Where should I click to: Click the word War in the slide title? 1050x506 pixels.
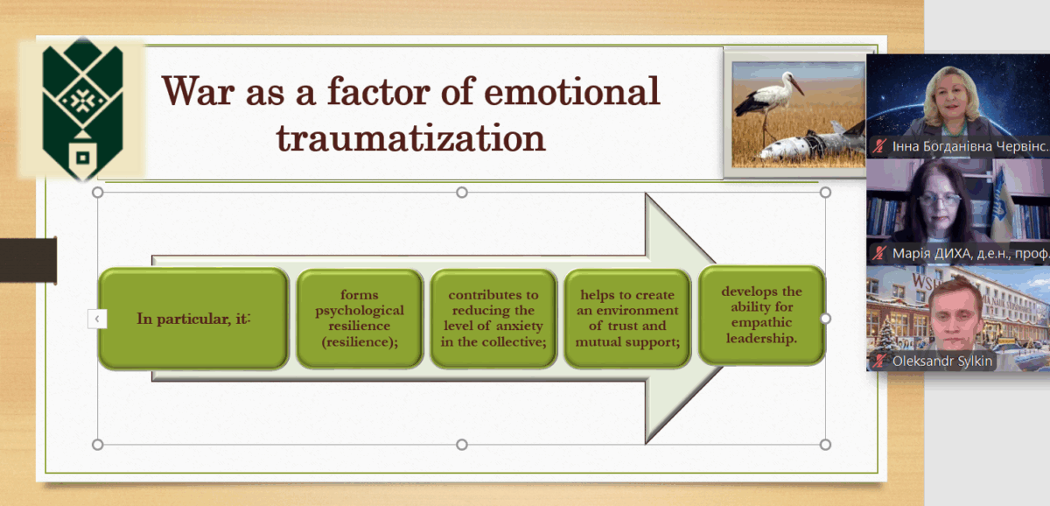pos(199,91)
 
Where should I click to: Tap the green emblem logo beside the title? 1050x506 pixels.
pos(82,109)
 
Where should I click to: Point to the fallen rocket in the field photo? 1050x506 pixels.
pos(815,143)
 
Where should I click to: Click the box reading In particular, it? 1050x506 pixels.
pos(193,319)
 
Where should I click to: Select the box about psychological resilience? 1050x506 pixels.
pos(360,319)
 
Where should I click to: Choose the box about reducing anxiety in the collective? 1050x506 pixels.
pos(493,319)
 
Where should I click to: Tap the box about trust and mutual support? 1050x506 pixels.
pos(627,319)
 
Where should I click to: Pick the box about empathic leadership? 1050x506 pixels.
pos(762,315)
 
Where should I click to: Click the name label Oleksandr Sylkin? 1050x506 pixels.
pos(942,361)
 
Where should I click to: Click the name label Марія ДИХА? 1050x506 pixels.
pos(970,254)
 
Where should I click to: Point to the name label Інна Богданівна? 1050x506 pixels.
pos(970,146)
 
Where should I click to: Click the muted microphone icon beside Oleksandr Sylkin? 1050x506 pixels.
pos(879,361)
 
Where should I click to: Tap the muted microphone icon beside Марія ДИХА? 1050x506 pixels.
pos(879,253)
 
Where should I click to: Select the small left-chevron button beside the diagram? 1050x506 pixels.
pos(97,319)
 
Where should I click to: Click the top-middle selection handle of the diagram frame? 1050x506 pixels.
pos(462,193)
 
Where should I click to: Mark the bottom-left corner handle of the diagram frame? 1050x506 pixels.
pos(97,444)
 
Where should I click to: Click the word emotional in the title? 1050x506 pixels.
pos(572,91)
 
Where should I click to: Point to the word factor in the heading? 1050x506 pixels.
pos(379,91)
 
